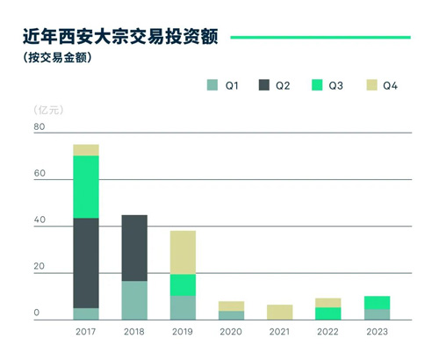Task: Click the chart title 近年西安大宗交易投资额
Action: pos(120,37)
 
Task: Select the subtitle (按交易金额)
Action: pos(57,57)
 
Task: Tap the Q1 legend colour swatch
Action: pos(212,85)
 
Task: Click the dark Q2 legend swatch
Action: pos(264,85)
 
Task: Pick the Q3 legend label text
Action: pos(335,85)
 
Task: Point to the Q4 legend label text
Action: pos(390,85)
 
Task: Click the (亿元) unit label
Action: pos(48,110)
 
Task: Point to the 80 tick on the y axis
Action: pos(40,126)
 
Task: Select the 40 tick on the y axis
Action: pos(40,220)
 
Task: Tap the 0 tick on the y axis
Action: pos(37,313)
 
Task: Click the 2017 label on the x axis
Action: pos(85,332)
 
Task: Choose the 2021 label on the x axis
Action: pos(279,332)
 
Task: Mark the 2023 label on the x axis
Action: pos(377,332)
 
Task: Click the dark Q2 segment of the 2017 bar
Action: pos(86,263)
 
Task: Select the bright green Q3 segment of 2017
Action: pos(86,187)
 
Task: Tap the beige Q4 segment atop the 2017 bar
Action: pos(86,150)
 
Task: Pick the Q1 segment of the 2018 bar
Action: pos(134,300)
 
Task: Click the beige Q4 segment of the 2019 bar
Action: pos(183,253)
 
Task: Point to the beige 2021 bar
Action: pos(280,313)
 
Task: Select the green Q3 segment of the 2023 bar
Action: pos(377,303)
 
